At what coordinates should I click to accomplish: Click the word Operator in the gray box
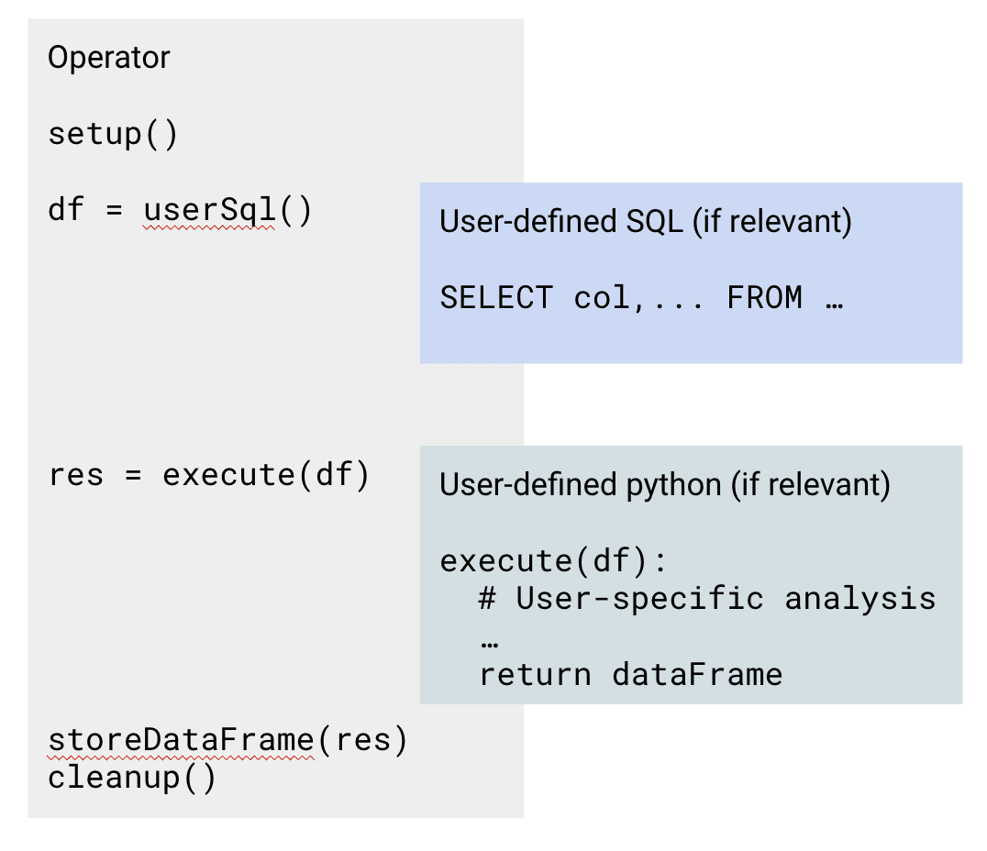(x=109, y=58)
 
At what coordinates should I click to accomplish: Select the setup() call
(x=113, y=134)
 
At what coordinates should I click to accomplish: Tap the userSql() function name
(x=209, y=210)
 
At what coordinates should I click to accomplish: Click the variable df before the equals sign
(x=65, y=209)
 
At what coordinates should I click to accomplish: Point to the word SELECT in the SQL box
(x=496, y=297)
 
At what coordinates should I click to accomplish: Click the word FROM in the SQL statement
(x=765, y=297)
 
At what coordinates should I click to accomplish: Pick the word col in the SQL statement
(x=601, y=297)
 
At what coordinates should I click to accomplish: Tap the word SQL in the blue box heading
(x=654, y=222)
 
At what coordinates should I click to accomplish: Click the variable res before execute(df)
(x=75, y=475)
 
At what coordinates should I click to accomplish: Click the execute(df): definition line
(x=553, y=560)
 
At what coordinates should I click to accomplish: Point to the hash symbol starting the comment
(x=487, y=598)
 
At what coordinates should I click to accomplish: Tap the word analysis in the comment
(x=859, y=599)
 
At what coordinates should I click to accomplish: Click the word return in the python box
(x=535, y=675)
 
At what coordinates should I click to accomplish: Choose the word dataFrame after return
(x=697, y=674)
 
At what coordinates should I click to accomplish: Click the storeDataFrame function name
(x=182, y=740)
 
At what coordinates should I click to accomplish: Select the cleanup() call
(x=131, y=778)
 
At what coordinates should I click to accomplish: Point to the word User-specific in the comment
(x=639, y=599)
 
